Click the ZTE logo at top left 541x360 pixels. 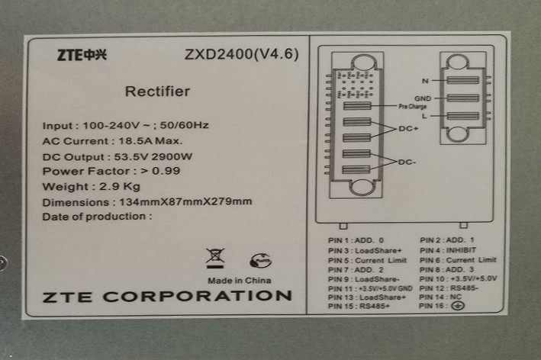point(82,56)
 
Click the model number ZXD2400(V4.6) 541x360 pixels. point(241,55)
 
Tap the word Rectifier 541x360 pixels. point(157,92)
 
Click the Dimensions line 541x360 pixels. point(147,202)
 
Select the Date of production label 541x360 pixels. point(96,217)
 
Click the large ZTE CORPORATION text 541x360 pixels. point(167,296)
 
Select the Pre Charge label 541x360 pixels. point(411,106)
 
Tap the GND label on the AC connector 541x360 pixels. point(423,98)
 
